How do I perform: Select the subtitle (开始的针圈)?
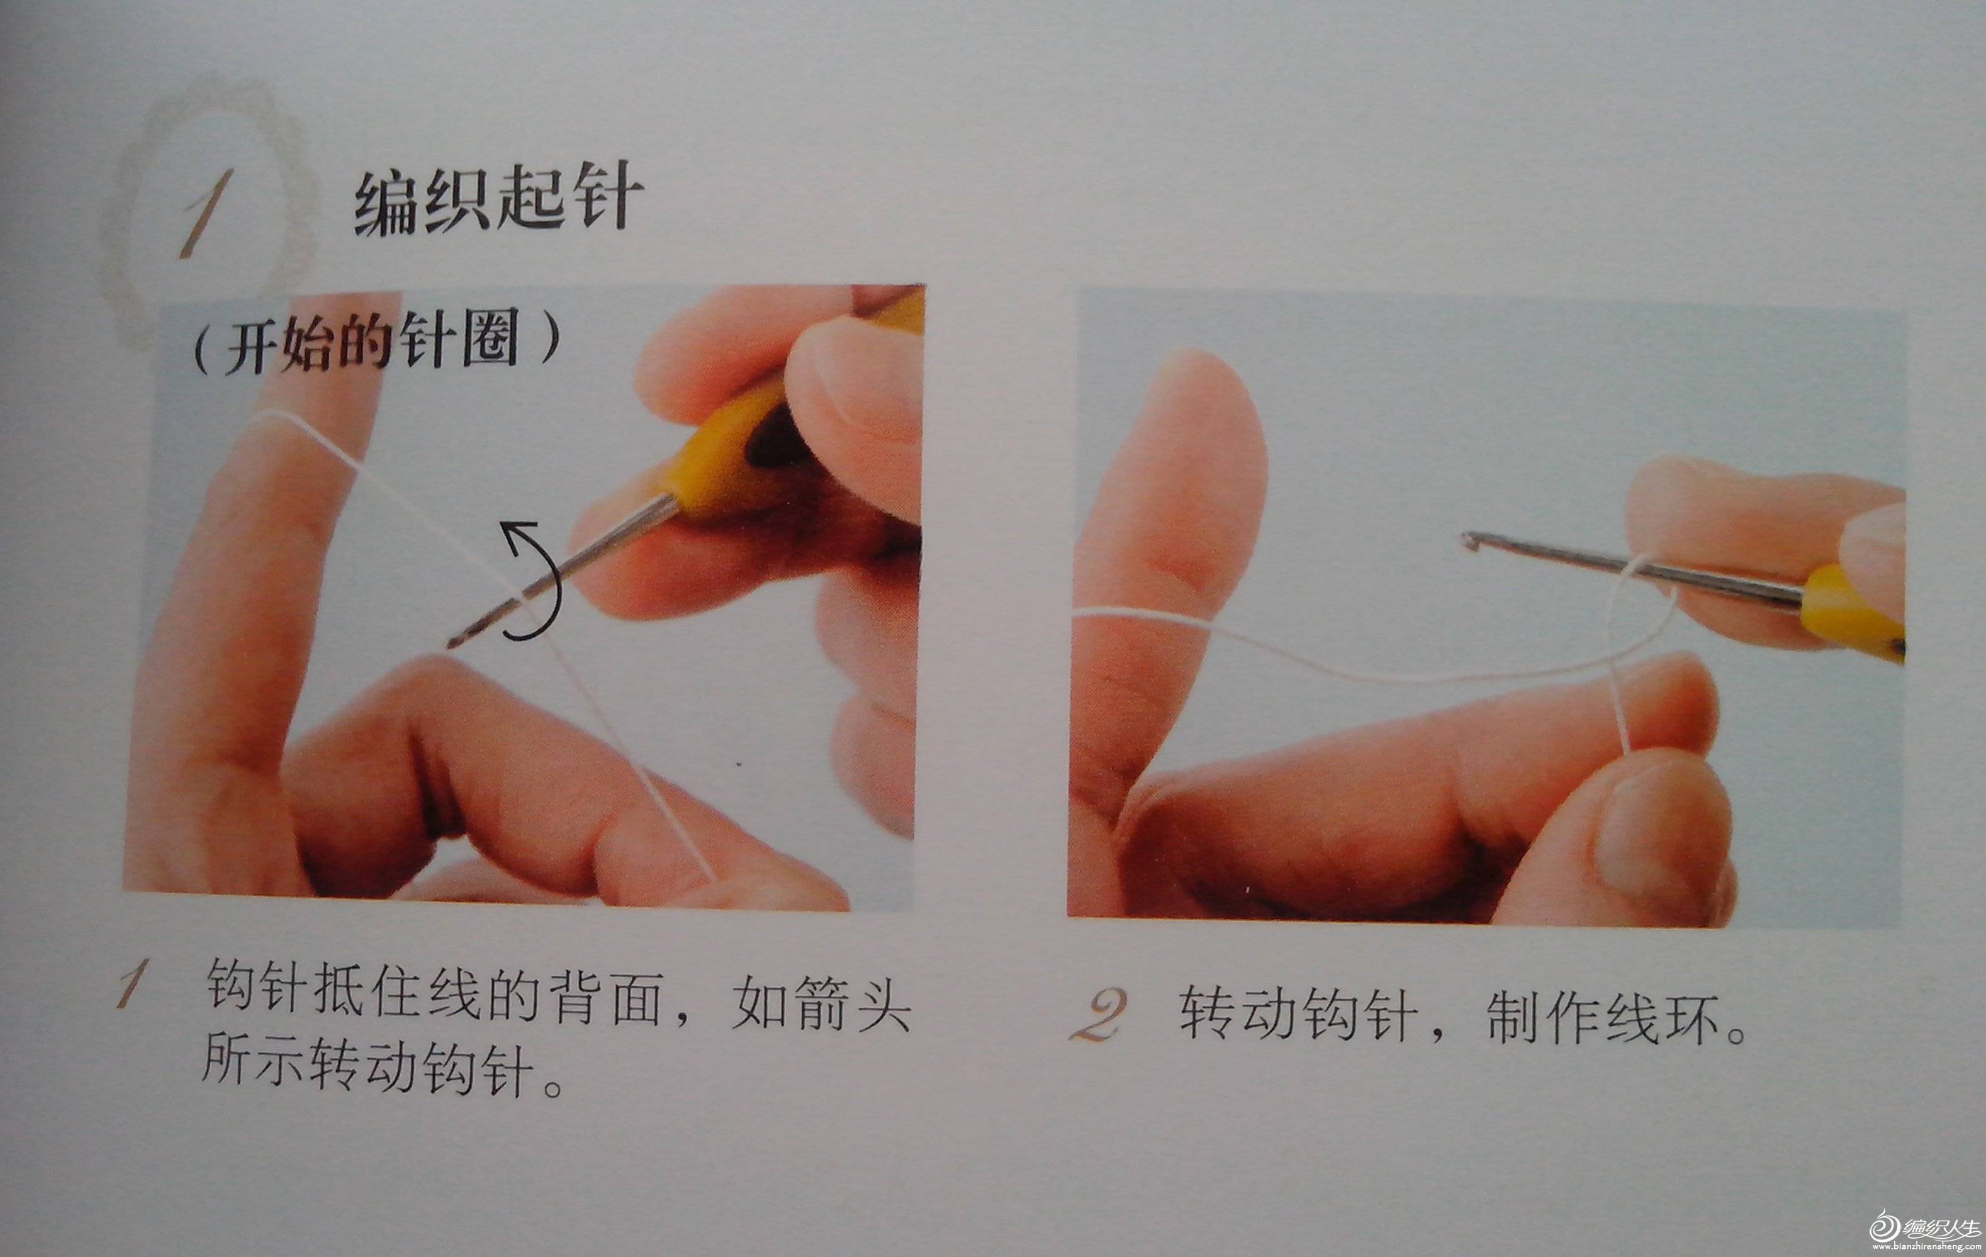[374, 343]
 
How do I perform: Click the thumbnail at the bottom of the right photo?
[1658, 833]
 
